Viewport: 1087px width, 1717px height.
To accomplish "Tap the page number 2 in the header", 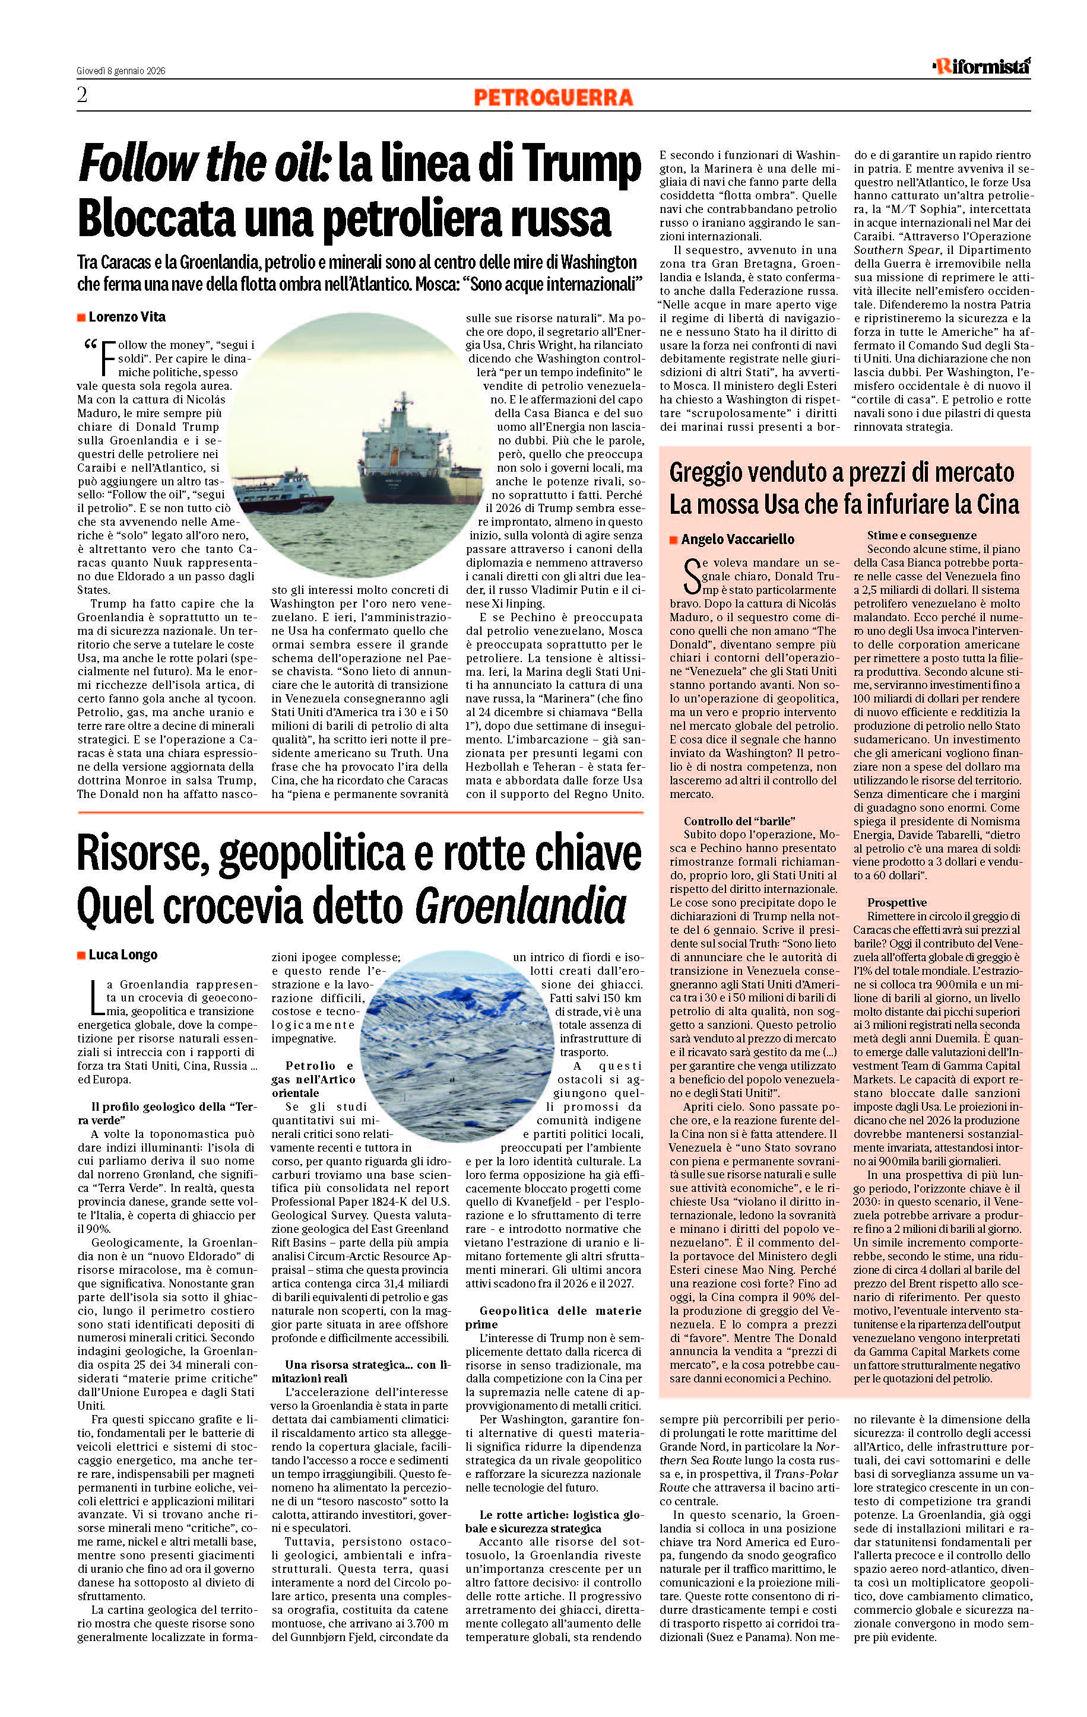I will click(82, 96).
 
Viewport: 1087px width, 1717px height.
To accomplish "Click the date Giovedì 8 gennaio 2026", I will click(121, 71).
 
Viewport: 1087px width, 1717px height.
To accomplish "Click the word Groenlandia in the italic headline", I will click(520, 907).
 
